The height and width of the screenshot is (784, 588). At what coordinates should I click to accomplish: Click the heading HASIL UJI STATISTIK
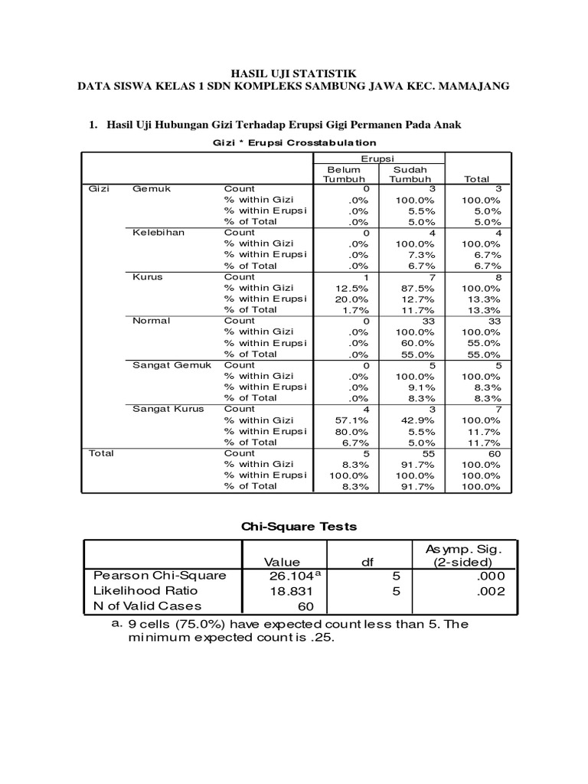pyautogui.click(x=294, y=72)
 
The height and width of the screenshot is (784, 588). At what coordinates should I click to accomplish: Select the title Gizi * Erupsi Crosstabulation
pyautogui.click(x=294, y=142)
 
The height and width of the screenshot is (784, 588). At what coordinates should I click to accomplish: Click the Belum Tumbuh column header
pyautogui.click(x=344, y=174)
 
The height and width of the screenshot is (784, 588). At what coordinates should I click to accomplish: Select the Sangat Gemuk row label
pyautogui.click(x=171, y=364)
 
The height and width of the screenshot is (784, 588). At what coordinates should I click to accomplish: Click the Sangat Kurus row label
pyautogui.click(x=168, y=409)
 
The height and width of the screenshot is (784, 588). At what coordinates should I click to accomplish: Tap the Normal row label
pyautogui.click(x=152, y=320)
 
